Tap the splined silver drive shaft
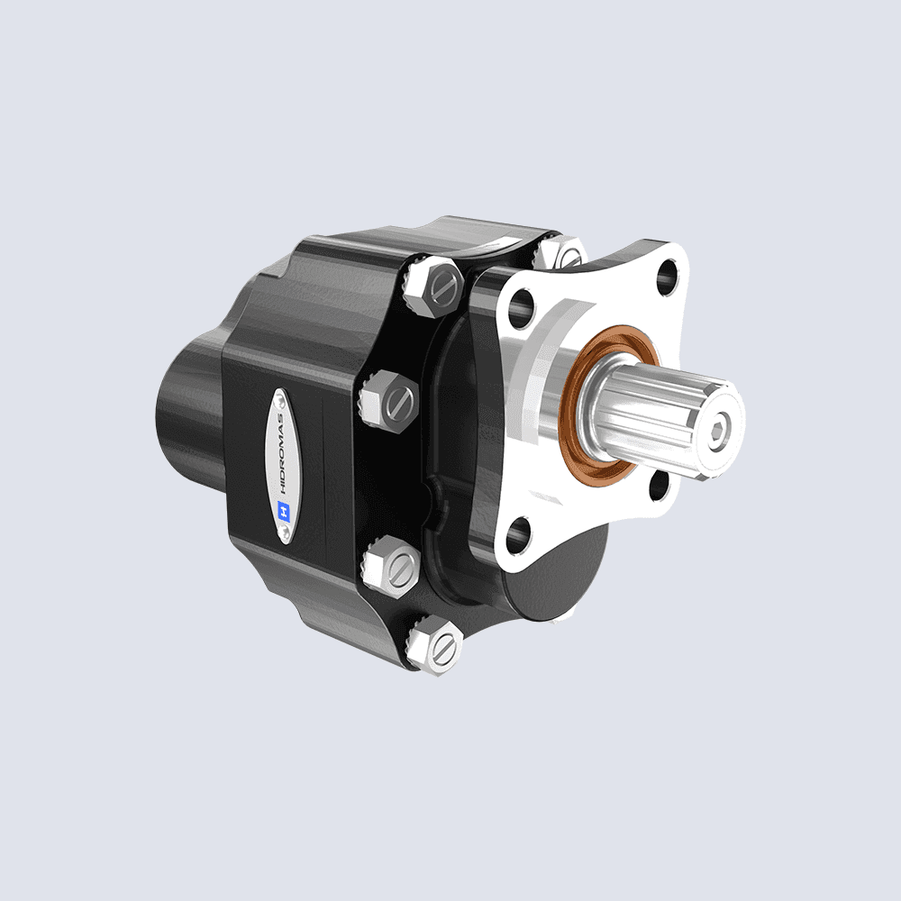[x=667, y=415]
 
